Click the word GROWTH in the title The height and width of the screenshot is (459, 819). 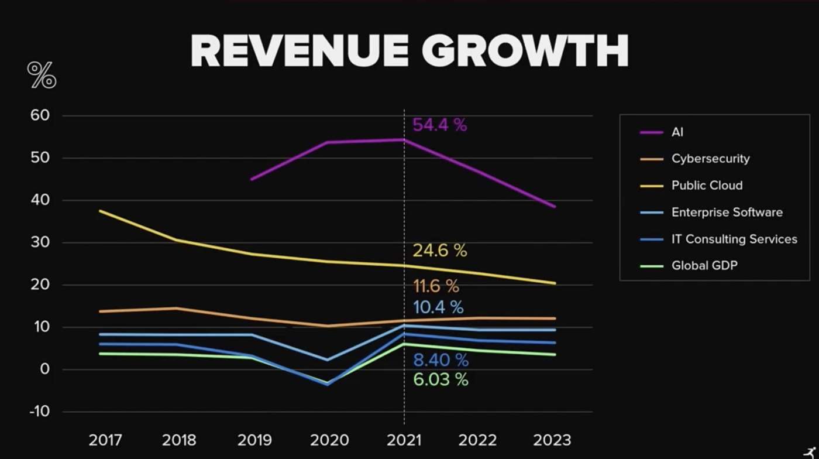pos(525,51)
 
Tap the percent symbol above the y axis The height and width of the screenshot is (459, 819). pos(42,75)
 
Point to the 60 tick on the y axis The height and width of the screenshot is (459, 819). pos(40,115)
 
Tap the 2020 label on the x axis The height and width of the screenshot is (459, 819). pos(329,440)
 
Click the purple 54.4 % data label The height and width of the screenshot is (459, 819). pos(439,125)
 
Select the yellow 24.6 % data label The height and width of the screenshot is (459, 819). pos(439,251)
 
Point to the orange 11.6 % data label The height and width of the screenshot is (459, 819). pos(436,286)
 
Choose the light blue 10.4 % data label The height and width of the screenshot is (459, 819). pos(438,307)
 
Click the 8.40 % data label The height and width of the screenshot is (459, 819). pos(441,359)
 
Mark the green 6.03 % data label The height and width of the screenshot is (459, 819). pos(441,379)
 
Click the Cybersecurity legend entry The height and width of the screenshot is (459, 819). pos(710,159)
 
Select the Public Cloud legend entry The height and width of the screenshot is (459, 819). pos(707,186)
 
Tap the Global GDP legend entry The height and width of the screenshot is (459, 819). pos(704,266)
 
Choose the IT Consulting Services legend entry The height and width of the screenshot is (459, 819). pos(734,239)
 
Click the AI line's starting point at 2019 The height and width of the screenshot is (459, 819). pos(252,179)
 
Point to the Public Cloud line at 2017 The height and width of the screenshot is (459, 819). pos(100,211)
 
